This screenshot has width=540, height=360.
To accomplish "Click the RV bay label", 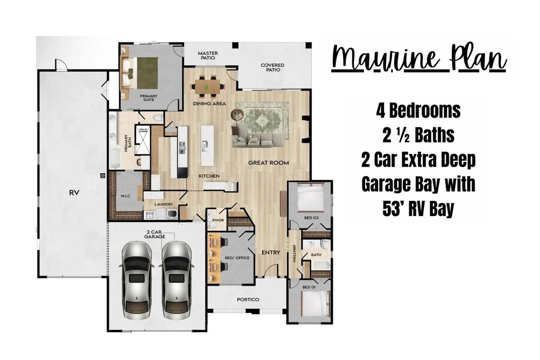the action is click(74, 193).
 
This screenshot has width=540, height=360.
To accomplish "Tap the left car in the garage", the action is click(137, 280).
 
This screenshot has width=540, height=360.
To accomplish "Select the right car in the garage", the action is click(177, 280).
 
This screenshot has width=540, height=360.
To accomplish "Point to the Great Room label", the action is click(268, 163).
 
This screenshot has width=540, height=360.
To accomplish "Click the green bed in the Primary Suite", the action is click(147, 72).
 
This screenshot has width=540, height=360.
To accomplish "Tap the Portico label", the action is click(248, 299).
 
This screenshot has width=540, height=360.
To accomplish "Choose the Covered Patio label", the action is click(273, 67).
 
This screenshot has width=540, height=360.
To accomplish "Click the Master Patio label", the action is click(208, 55).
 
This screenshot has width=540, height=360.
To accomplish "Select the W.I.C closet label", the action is click(126, 196).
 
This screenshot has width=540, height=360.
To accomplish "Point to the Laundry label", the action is click(163, 204).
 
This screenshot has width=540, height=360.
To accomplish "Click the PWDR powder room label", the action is click(218, 220).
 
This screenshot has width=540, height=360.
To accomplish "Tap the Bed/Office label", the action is click(237, 258).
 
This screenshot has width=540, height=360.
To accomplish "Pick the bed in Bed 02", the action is click(311, 198).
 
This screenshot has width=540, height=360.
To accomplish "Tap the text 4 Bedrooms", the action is click(418, 111).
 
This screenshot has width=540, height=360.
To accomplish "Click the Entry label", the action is click(271, 252).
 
